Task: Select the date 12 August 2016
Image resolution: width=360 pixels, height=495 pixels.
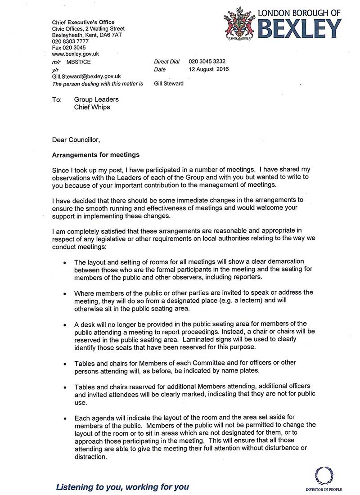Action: [209, 69]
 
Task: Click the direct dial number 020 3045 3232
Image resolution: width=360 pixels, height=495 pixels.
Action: [207, 62]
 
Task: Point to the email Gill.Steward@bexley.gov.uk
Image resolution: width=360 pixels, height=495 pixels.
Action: [86, 76]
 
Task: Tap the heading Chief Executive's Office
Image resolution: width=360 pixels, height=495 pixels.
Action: [83, 22]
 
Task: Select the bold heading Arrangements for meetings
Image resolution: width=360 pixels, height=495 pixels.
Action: [96, 155]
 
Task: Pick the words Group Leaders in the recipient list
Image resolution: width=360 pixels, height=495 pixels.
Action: [96, 99]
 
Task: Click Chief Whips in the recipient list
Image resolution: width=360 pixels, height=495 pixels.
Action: [92, 107]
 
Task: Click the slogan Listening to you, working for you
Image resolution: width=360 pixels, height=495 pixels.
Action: [122, 487]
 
